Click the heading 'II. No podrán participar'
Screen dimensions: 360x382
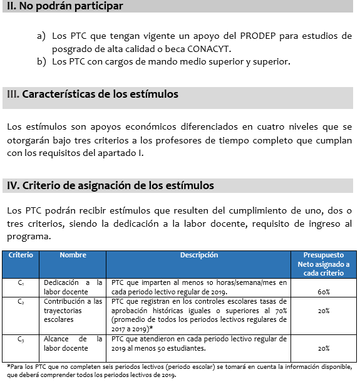pyautogui.click(x=63, y=6)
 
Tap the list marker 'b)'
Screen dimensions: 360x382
pyautogui.click(x=41, y=62)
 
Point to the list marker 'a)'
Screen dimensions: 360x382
pyautogui.click(x=41, y=36)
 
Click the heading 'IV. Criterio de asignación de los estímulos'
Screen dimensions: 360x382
pyautogui.click(x=110, y=185)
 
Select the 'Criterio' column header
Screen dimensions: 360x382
pyautogui.click(x=21, y=256)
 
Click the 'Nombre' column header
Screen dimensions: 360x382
pyautogui.click(x=73, y=256)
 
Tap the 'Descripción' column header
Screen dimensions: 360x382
pyautogui.click(x=199, y=256)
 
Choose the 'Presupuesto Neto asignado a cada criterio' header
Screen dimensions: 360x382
pyautogui.click(x=323, y=264)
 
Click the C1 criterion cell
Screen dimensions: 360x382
pyautogui.click(x=21, y=283)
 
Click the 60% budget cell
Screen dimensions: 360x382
pyautogui.click(x=323, y=292)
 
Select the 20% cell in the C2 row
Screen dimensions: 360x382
pyautogui.click(x=323, y=311)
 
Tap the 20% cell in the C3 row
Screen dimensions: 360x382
pyautogui.click(x=323, y=348)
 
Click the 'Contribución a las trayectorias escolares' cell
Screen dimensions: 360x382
pyautogui.click(x=73, y=311)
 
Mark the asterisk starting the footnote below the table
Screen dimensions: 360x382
pyautogui.click(x=8, y=366)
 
